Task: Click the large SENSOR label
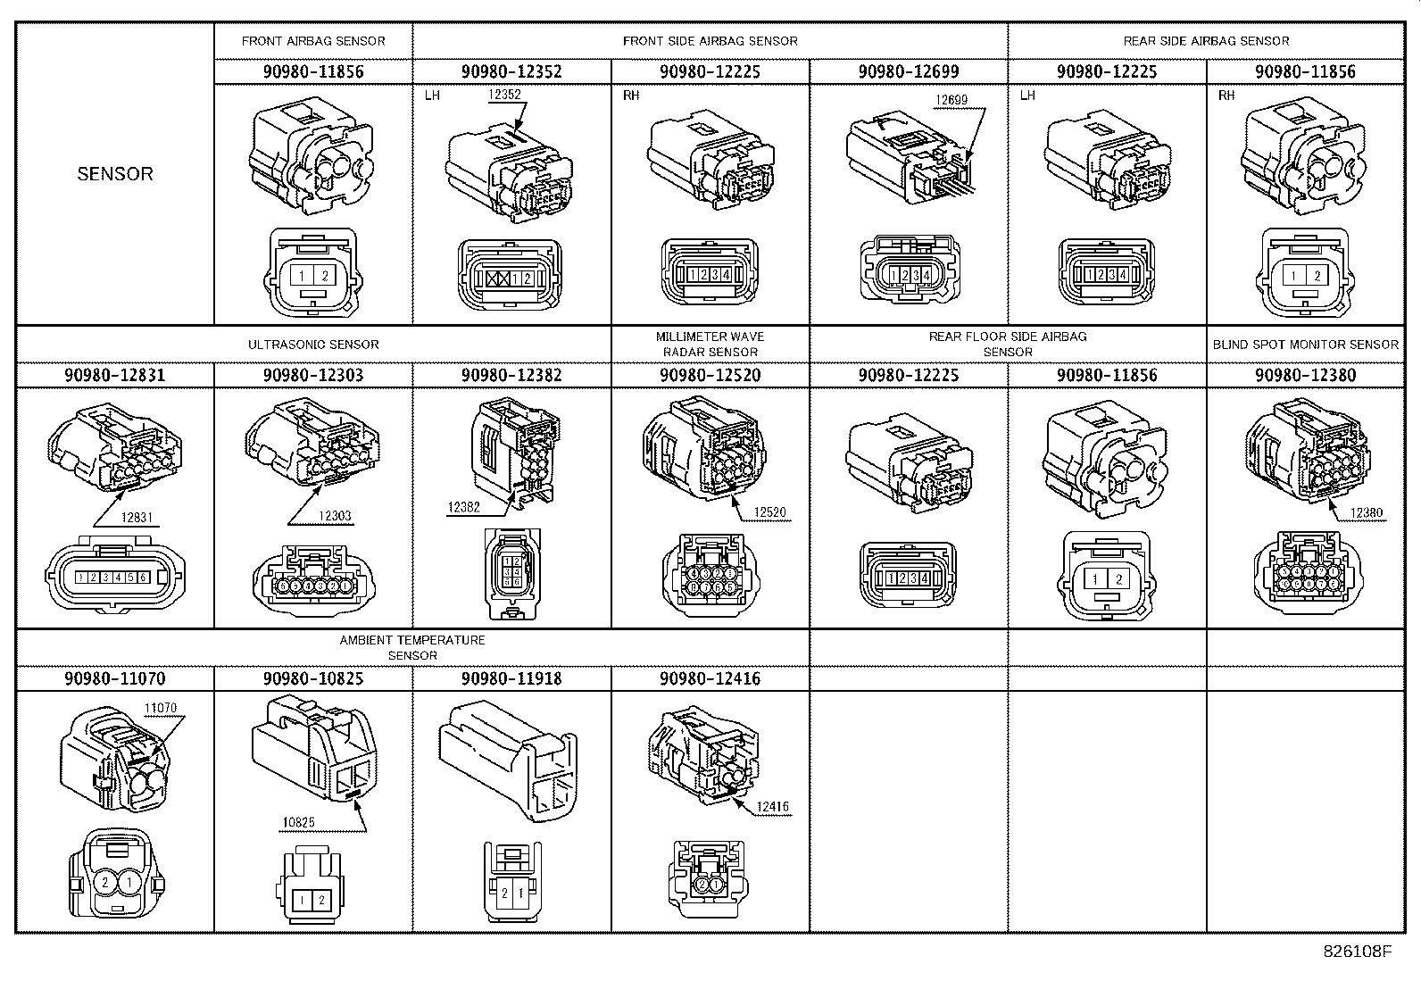[x=115, y=174]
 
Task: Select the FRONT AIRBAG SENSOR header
[x=313, y=41]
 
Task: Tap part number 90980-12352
[x=511, y=71]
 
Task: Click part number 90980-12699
[x=908, y=71]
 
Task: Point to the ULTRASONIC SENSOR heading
[x=313, y=345]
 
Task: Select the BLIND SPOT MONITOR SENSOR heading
[x=1305, y=345]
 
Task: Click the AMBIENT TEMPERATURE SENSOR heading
[x=412, y=648]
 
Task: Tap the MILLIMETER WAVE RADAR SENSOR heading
[x=710, y=345]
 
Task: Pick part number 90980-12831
[x=114, y=375]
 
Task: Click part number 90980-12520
[x=710, y=375]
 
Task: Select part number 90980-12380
[x=1305, y=375]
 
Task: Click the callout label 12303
[x=334, y=517]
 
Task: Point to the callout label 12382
[x=464, y=508]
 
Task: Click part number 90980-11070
[x=114, y=678]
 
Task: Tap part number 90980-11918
[x=511, y=678]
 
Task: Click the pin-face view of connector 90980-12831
[x=114, y=578]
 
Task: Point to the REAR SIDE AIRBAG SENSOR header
[x=1205, y=41]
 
